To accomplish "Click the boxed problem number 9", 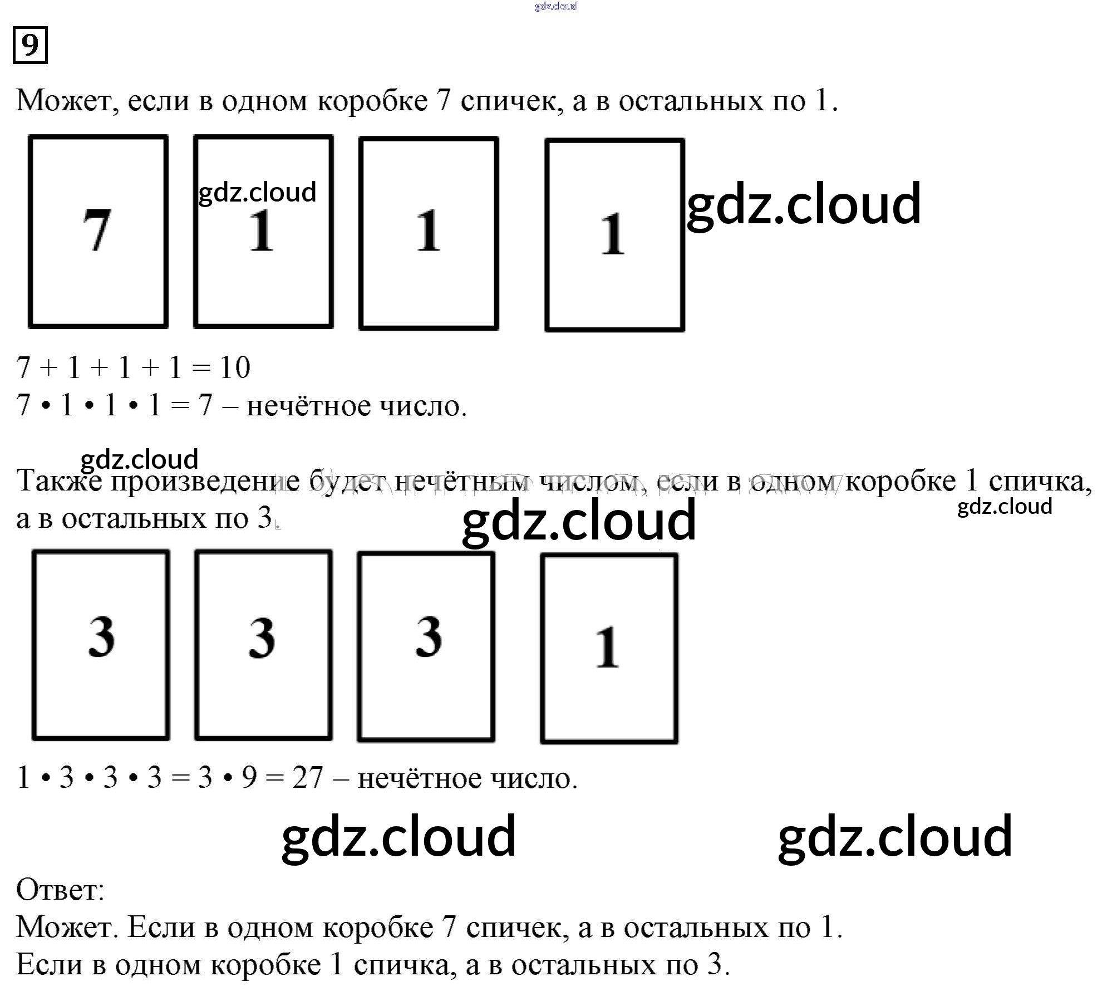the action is (30, 45).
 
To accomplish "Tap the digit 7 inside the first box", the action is (97, 230).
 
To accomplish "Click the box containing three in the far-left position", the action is (101, 645).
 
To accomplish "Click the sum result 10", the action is (235, 368).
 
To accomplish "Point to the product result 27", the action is (307, 777).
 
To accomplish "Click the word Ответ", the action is (60, 890).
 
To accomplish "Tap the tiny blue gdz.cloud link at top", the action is (555, 6).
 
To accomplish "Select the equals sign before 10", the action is (200, 368).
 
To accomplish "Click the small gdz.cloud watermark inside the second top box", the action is (257, 192).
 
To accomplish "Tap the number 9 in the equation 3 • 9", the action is (249, 777).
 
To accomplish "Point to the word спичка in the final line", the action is (401, 965).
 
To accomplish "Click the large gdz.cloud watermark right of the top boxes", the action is (804, 204).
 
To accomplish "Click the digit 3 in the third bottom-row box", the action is (429, 636).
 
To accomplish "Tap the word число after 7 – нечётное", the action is (423, 406).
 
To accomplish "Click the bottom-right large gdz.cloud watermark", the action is (894, 837).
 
